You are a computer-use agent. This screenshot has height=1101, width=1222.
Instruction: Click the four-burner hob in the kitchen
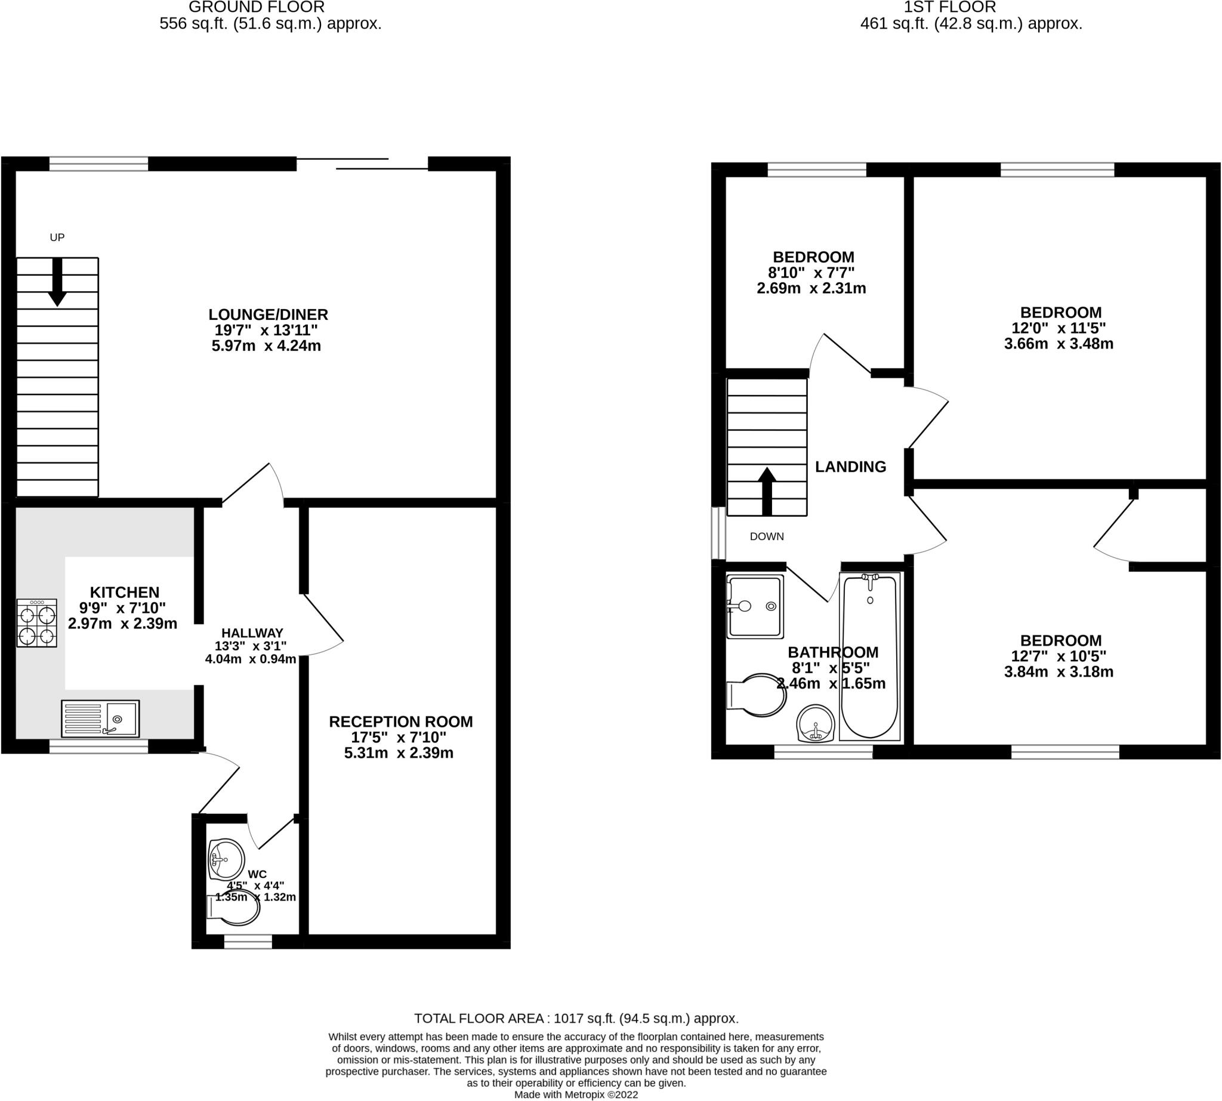(37, 623)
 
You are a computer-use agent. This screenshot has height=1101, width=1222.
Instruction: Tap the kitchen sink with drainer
(100, 718)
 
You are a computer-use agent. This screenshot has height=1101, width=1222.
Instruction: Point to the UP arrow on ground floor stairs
(57, 282)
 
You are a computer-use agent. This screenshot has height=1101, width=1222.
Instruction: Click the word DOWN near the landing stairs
(767, 536)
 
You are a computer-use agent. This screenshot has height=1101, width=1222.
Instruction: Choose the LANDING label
(850, 467)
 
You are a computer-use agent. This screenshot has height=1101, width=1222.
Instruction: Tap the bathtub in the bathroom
(869, 656)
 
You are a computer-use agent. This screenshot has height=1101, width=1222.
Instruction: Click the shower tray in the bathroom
(755, 606)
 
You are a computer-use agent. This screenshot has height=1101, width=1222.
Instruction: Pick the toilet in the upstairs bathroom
(757, 695)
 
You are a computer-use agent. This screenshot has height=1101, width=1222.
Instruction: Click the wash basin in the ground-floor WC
(226, 859)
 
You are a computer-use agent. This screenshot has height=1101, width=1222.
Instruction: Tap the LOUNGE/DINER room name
(268, 314)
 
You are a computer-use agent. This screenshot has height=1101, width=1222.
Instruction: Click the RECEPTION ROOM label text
(400, 721)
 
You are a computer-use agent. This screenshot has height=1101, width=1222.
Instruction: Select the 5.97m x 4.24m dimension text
(266, 346)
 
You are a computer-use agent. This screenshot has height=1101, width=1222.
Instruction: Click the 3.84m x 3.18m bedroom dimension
(1059, 671)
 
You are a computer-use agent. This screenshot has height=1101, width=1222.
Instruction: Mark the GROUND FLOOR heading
(257, 7)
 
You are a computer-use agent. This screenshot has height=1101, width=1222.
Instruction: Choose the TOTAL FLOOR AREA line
(576, 1018)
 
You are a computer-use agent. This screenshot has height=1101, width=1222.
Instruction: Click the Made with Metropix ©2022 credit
(576, 1094)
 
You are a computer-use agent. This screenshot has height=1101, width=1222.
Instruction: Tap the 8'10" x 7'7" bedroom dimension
(811, 272)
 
